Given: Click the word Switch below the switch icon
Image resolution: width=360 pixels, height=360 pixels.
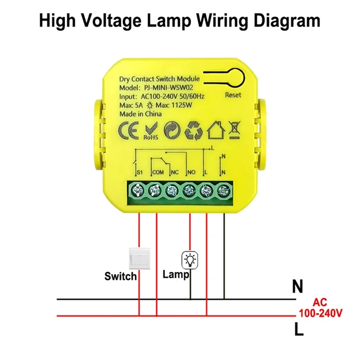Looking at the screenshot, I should pyautogui.click(x=120, y=276).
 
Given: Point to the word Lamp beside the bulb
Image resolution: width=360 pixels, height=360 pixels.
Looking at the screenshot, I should pyautogui.click(x=175, y=274).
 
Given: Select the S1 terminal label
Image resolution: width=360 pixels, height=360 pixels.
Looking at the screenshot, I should pyautogui.click(x=139, y=172).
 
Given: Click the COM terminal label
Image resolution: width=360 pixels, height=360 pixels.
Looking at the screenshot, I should pyautogui.click(x=158, y=172).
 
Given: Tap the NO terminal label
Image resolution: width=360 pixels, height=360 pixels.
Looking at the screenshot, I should pyautogui.click(x=191, y=172).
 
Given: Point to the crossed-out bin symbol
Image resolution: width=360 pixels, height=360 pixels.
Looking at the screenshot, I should pyautogui.click(x=234, y=129).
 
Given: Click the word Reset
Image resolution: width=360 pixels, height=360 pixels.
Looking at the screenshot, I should pyautogui.click(x=233, y=95).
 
